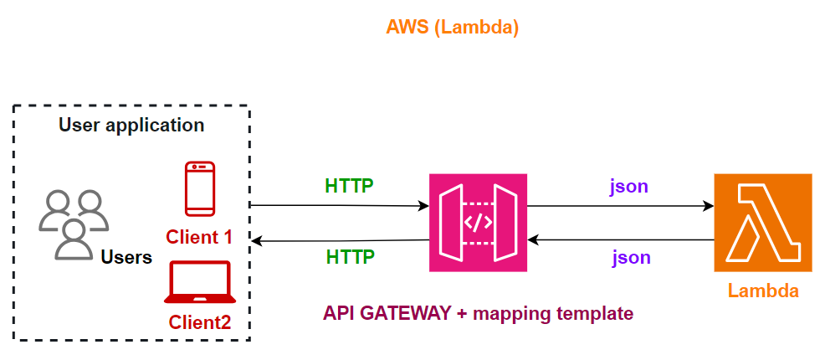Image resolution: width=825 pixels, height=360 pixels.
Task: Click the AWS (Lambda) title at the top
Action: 452,27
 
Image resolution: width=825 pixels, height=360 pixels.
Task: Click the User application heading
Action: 131,126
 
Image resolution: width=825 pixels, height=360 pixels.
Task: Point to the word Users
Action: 126,257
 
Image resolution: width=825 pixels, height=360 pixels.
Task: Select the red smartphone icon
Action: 200,188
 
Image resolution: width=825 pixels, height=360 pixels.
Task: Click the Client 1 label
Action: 199,237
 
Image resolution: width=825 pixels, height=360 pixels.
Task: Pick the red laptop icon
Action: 199,282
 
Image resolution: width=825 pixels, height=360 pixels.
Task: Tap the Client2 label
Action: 199,321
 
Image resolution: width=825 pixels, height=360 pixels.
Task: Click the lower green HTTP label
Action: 349,256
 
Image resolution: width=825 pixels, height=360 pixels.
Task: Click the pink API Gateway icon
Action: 478,223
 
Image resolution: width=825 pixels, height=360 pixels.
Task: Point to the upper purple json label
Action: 630,186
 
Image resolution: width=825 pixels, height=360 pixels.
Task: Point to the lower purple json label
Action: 630,257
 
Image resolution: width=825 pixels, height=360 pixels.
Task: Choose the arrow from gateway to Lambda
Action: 619,204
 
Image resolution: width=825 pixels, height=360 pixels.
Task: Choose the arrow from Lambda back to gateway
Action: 619,240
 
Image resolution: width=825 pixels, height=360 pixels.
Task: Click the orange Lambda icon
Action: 762,223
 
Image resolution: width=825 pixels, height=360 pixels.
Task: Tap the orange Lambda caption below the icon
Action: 762,291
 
